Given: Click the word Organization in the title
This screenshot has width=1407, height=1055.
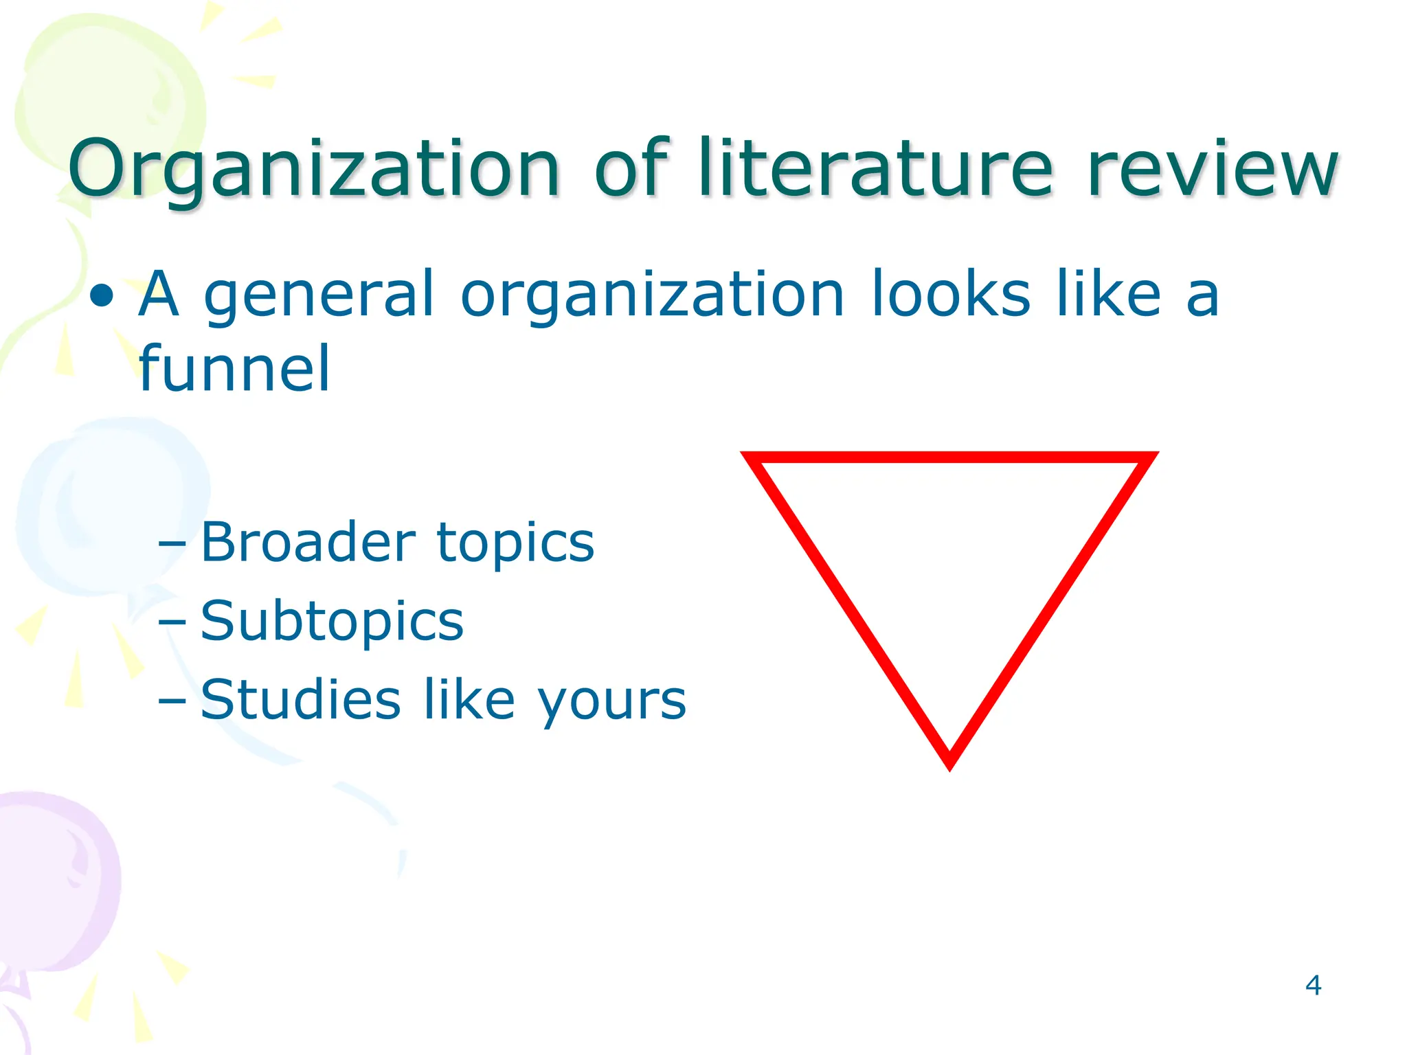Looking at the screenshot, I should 314,169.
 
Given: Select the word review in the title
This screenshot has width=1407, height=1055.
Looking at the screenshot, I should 1213,169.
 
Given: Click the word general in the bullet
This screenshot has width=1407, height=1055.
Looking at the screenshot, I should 319,295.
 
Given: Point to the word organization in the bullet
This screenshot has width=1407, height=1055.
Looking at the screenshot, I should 652,295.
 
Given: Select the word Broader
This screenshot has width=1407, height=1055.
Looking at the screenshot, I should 308,542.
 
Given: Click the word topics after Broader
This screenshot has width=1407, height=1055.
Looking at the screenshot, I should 515,543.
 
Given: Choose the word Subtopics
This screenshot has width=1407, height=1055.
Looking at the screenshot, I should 332,622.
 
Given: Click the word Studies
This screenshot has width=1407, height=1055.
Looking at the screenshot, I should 300,700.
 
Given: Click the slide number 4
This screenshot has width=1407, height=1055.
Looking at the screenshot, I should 1313,986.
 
